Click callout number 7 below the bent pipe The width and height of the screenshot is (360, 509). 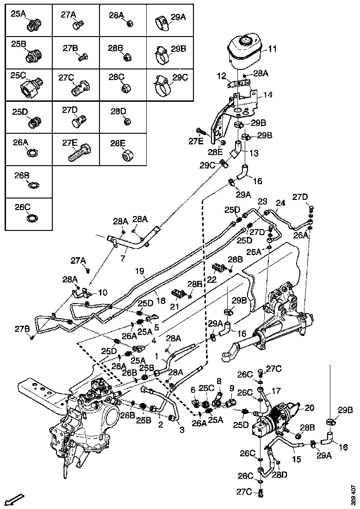pyautogui.click(x=123, y=257)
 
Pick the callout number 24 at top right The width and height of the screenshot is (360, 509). pyautogui.click(x=281, y=203)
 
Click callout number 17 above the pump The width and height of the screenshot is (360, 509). pyautogui.click(x=276, y=391)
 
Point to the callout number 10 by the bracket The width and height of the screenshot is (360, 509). pyautogui.click(x=102, y=292)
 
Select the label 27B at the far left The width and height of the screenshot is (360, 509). pyautogui.click(x=21, y=329)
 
